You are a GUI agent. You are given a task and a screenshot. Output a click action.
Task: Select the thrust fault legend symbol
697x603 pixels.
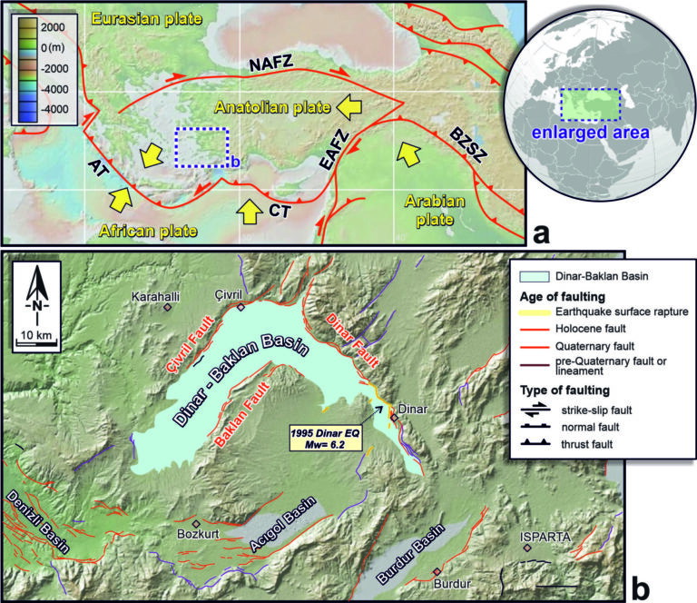(543, 444)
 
